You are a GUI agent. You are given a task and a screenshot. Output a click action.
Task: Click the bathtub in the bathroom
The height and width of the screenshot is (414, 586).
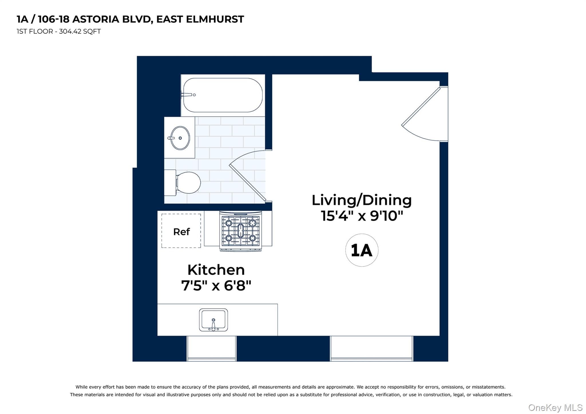click(x=223, y=95)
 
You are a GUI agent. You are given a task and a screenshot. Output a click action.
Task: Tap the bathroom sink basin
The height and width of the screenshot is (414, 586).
click(x=180, y=138)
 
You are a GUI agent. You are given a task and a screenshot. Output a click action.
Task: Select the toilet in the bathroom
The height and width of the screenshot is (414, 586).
click(x=182, y=183)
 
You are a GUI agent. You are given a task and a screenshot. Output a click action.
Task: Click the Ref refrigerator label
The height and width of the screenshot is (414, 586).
click(x=181, y=232)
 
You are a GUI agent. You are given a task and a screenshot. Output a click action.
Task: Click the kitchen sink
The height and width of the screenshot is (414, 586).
click(x=213, y=320)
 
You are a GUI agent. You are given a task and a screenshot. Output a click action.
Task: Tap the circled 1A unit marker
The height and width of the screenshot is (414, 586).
click(x=362, y=250)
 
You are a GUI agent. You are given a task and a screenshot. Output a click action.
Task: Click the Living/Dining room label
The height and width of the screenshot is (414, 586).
click(x=362, y=200)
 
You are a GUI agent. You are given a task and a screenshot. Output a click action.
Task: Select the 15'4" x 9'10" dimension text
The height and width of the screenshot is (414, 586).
click(x=362, y=216)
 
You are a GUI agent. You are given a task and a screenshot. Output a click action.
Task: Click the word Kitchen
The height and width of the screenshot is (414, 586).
click(x=216, y=270)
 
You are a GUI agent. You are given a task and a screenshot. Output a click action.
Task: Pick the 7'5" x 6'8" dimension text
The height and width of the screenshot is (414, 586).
click(x=216, y=285)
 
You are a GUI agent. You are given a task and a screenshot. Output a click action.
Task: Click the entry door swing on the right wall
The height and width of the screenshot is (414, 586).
click(x=421, y=115)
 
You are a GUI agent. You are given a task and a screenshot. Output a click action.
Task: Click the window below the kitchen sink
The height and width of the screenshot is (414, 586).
click(x=211, y=348)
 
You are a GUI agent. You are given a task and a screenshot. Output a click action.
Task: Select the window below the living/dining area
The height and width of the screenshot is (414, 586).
click(x=372, y=348)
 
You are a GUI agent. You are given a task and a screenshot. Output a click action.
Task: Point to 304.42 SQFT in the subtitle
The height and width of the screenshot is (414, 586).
click(x=80, y=31)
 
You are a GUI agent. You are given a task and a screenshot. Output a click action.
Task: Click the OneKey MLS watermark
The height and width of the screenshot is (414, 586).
click(x=555, y=407)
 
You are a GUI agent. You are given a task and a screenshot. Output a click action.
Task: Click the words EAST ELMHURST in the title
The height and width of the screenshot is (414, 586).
click(x=200, y=19)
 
